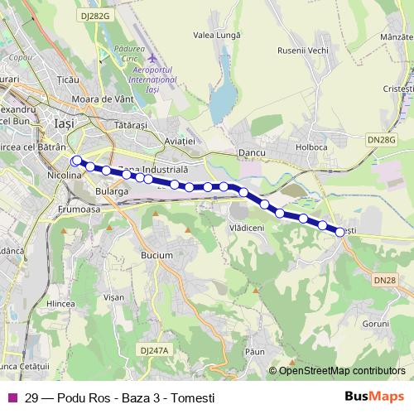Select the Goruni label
(375, 322)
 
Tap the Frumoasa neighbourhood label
(79, 210)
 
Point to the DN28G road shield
(382, 141)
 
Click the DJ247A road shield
(154, 350)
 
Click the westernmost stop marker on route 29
(77, 161)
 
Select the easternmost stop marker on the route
(340, 232)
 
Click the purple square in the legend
(12, 397)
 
